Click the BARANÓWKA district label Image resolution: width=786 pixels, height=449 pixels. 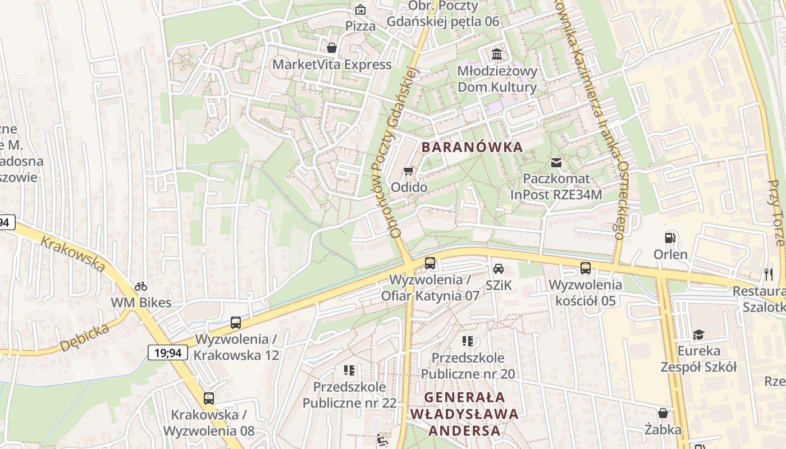click(472, 148)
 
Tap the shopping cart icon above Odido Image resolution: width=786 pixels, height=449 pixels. click(409, 171)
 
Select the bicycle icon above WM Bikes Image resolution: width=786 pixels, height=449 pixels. click(141, 286)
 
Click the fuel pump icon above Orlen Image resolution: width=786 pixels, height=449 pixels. click(670, 237)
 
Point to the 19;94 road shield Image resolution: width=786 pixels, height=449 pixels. click(168, 352)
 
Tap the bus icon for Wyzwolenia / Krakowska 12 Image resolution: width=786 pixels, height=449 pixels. click(236, 323)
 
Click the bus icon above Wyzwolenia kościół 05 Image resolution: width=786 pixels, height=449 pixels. click(585, 268)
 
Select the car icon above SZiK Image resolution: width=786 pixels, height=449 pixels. click(499, 268)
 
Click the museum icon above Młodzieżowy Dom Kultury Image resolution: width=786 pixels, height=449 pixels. click(497, 54)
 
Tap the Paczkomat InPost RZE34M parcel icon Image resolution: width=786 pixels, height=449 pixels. click(556, 163)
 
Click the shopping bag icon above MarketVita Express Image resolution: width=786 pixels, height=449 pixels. click(332, 48)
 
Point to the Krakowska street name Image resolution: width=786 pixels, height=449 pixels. click(74, 254)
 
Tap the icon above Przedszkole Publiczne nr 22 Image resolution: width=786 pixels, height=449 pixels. click(349, 370)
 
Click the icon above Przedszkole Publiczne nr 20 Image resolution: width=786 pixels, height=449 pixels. click(467, 341)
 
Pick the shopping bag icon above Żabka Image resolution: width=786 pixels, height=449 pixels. click(663, 414)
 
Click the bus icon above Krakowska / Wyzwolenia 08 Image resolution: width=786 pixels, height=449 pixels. click(209, 398)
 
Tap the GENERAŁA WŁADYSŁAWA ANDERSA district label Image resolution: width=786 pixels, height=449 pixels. click(464, 414)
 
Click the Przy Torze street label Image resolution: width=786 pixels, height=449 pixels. click(775, 213)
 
